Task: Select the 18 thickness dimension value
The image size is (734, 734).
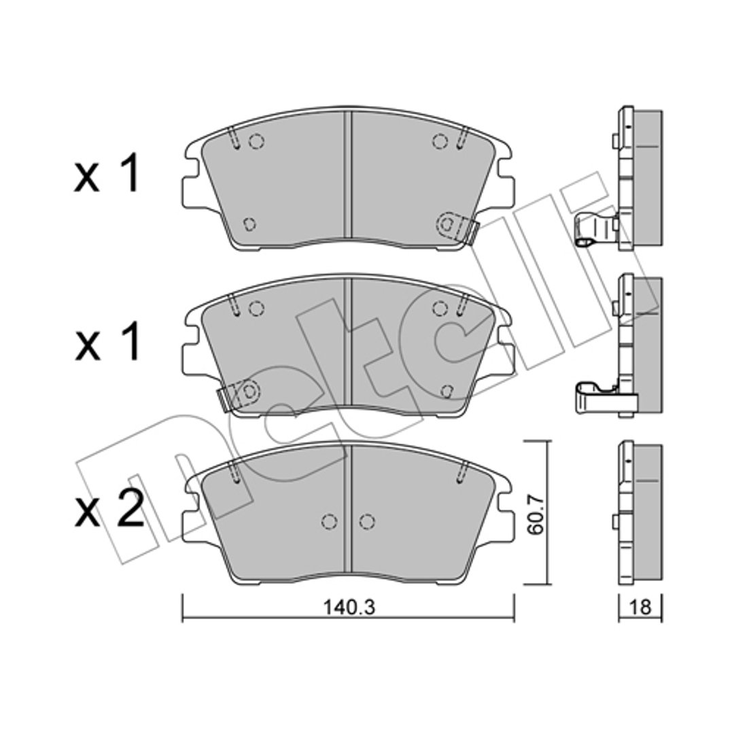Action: [x=640, y=608]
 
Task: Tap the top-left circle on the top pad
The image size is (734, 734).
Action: [x=256, y=141]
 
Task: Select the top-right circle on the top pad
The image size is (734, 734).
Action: [x=439, y=141]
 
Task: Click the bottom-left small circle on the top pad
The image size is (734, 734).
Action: [x=250, y=224]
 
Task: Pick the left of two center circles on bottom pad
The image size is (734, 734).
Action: [x=330, y=521]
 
